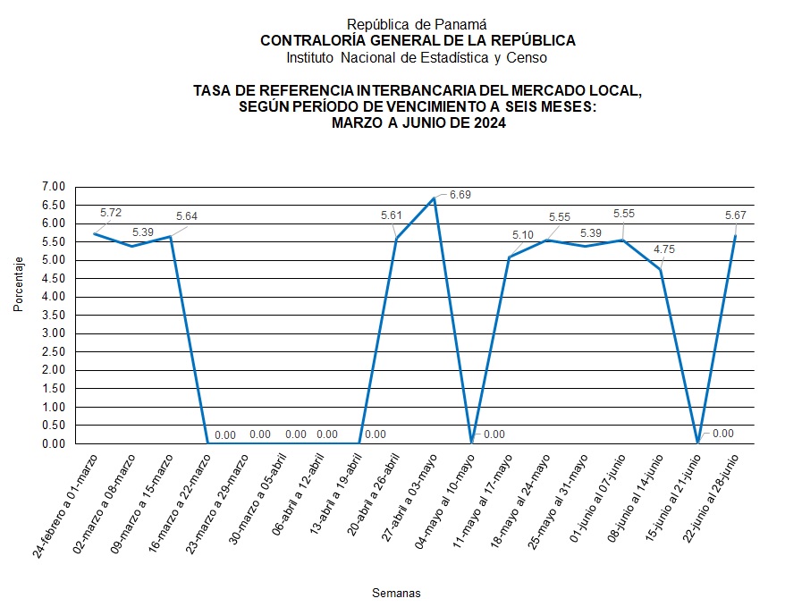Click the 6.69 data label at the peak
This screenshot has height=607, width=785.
[x=460, y=194]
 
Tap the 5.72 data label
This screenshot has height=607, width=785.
[x=111, y=213]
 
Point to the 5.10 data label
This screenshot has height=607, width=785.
[x=524, y=235]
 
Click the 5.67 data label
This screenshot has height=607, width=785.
[x=738, y=216]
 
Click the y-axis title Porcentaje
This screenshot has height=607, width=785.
[x=18, y=283]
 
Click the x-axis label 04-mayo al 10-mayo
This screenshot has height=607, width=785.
[x=443, y=506]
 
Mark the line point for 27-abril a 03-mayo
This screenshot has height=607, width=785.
[x=434, y=198]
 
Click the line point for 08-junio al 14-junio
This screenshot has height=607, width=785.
[x=660, y=269]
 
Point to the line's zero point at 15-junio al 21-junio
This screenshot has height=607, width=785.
[x=697, y=443]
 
